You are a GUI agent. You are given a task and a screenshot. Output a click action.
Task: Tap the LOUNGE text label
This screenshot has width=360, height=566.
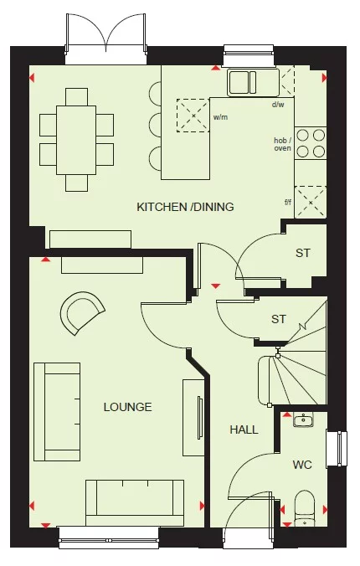point(127,407)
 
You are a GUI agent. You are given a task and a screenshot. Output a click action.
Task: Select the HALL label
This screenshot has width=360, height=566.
point(244,430)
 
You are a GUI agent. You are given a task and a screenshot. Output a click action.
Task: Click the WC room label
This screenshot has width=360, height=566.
point(302,465)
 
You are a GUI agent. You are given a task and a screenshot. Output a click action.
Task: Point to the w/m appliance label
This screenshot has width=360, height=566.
point(220,117)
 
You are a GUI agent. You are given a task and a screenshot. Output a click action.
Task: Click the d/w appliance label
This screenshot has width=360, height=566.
point(277,105)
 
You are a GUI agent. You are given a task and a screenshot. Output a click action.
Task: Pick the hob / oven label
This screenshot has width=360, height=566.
point(282,144)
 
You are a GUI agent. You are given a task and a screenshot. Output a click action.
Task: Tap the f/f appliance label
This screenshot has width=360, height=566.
point(287,202)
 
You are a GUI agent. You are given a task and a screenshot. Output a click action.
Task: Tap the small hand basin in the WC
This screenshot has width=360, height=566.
point(302,420)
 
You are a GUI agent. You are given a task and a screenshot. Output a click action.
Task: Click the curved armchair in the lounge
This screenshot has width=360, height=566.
point(83,312)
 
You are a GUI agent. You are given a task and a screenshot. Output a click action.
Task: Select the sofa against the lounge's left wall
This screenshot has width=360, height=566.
point(56,411)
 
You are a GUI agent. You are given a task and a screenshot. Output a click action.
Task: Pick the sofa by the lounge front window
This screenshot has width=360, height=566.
point(135,499)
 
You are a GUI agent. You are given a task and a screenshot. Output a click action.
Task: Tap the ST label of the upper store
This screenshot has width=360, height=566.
point(302,253)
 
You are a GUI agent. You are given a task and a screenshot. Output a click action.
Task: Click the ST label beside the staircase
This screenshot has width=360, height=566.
point(278,319)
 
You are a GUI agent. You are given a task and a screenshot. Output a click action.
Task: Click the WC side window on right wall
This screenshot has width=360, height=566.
point(341,448)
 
